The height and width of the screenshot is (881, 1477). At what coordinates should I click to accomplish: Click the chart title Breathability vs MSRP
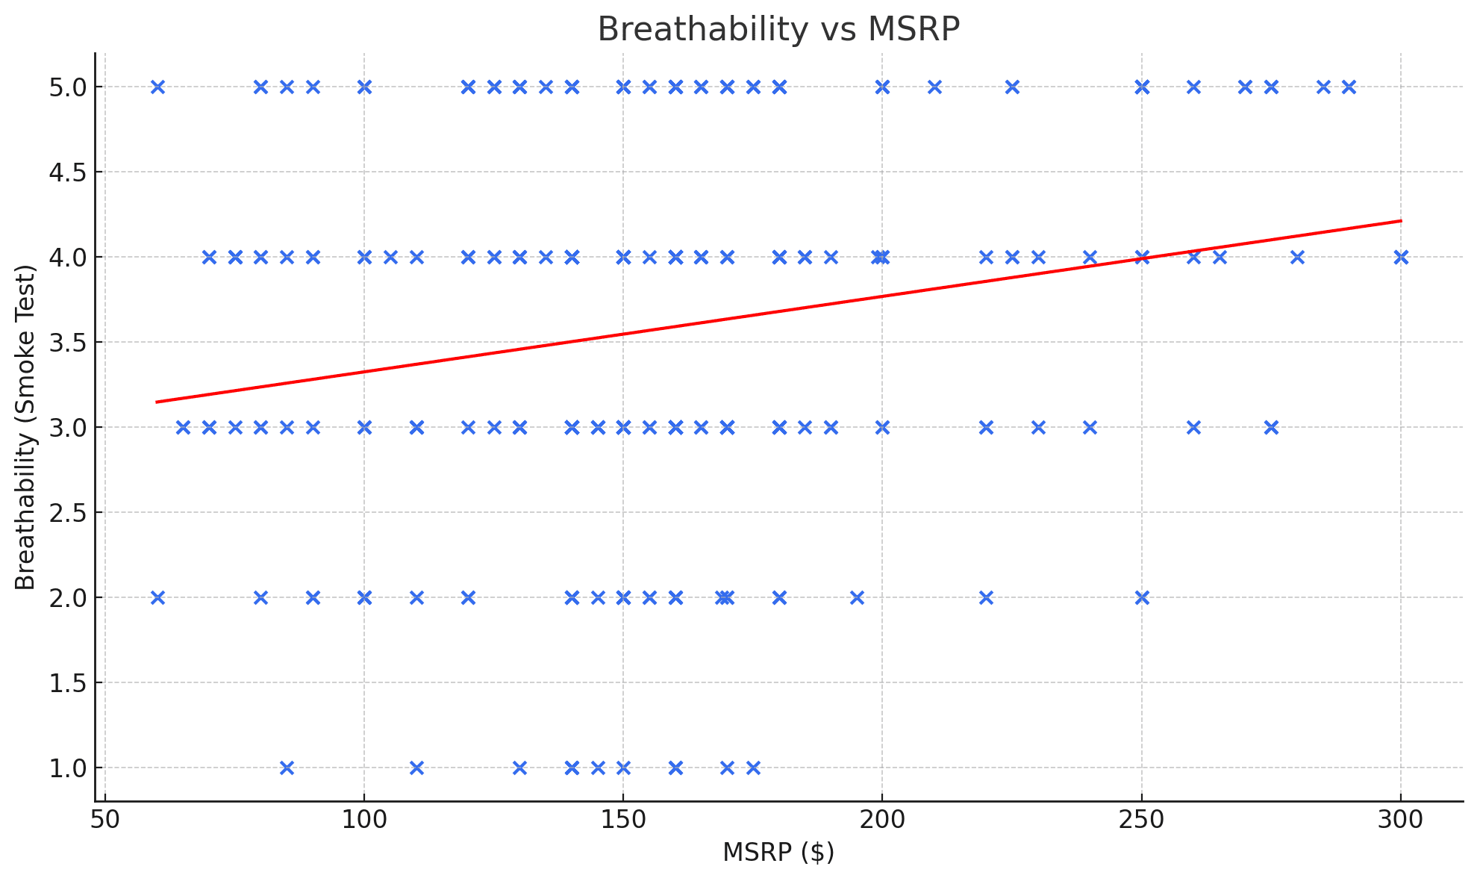tap(778, 30)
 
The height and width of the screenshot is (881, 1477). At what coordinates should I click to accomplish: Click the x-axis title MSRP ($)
tap(778, 852)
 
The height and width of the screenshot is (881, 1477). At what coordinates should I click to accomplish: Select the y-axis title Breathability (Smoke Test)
tap(25, 427)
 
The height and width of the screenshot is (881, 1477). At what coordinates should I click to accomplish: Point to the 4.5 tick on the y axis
tap(67, 172)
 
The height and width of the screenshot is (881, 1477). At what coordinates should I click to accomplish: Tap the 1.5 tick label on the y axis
tap(67, 683)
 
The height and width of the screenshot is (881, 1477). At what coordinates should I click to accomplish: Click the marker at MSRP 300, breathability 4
tap(1401, 258)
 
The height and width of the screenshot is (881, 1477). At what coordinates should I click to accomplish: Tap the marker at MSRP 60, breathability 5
tap(157, 87)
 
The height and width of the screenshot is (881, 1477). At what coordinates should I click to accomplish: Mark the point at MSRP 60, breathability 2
tap(157, 598)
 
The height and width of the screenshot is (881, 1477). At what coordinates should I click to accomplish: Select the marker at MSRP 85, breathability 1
tap(287, 768)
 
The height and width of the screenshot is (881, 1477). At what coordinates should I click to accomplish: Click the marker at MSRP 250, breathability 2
tap(1142, 598)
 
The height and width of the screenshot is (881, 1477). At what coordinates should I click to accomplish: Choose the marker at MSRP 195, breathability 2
tap(857, 598)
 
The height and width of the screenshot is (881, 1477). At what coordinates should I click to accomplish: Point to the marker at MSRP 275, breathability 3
tap(1272, 428)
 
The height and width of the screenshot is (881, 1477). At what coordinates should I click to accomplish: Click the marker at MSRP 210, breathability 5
tap(934, 87)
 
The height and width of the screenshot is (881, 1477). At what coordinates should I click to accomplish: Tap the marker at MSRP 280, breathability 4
tap(1297, 258)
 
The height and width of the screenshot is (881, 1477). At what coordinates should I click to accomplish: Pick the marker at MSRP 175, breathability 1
tap(753, 768)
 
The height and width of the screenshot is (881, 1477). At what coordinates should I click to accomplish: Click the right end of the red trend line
tap(1401, 221)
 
